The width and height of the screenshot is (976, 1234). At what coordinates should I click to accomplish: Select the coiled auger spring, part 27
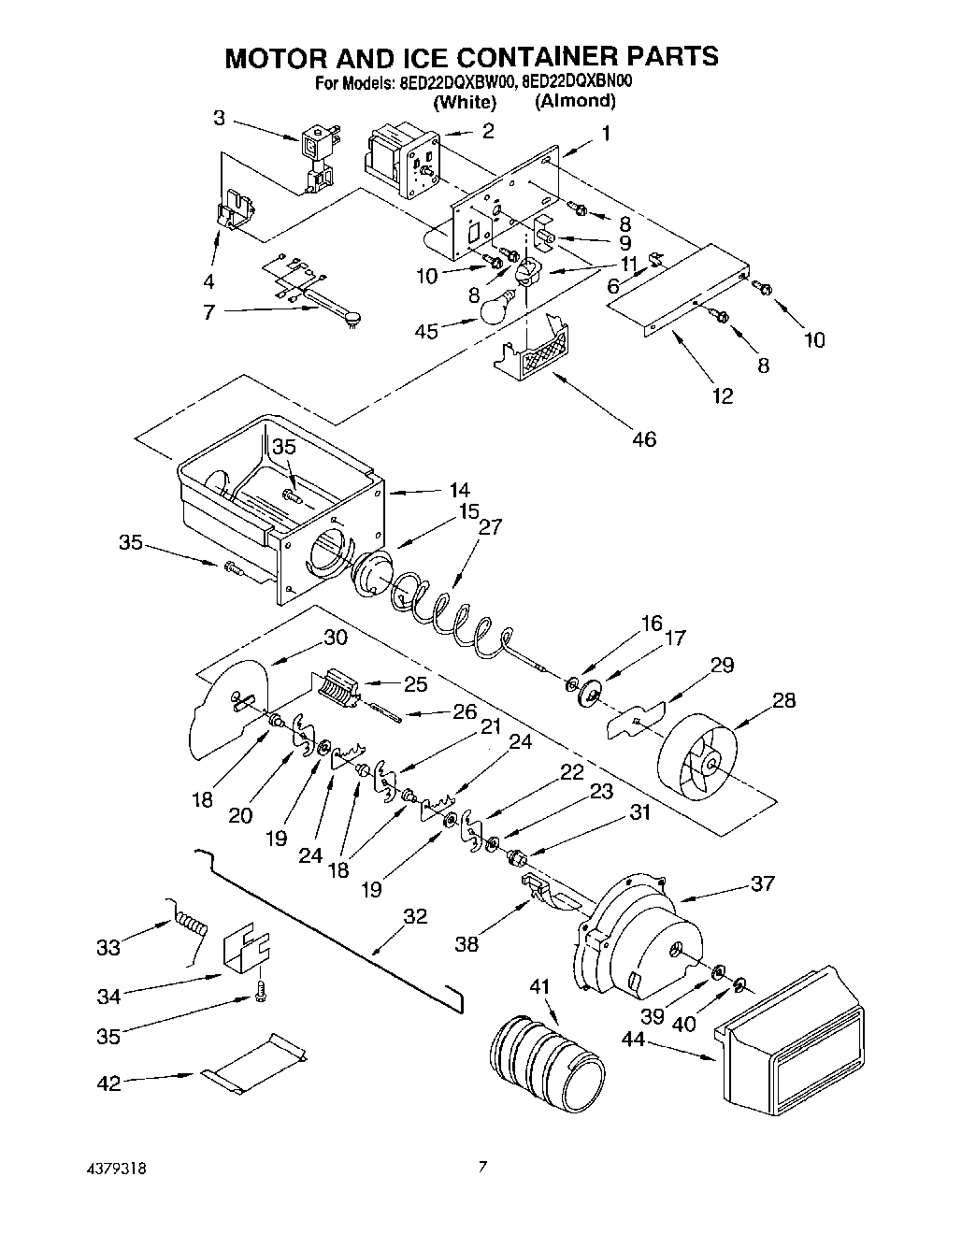click(x=449, y=617)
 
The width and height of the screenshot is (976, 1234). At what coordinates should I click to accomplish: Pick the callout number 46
click(x=643, y=438)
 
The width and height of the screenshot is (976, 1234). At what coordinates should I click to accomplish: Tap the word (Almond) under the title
click(x=575, y=101)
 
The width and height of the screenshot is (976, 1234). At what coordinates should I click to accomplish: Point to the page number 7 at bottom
click(x=483, y=1167)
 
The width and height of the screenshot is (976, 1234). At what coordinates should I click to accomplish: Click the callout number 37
click(x=762, y=882)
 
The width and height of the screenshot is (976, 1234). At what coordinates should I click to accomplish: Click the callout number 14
click(x=459, y=490)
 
